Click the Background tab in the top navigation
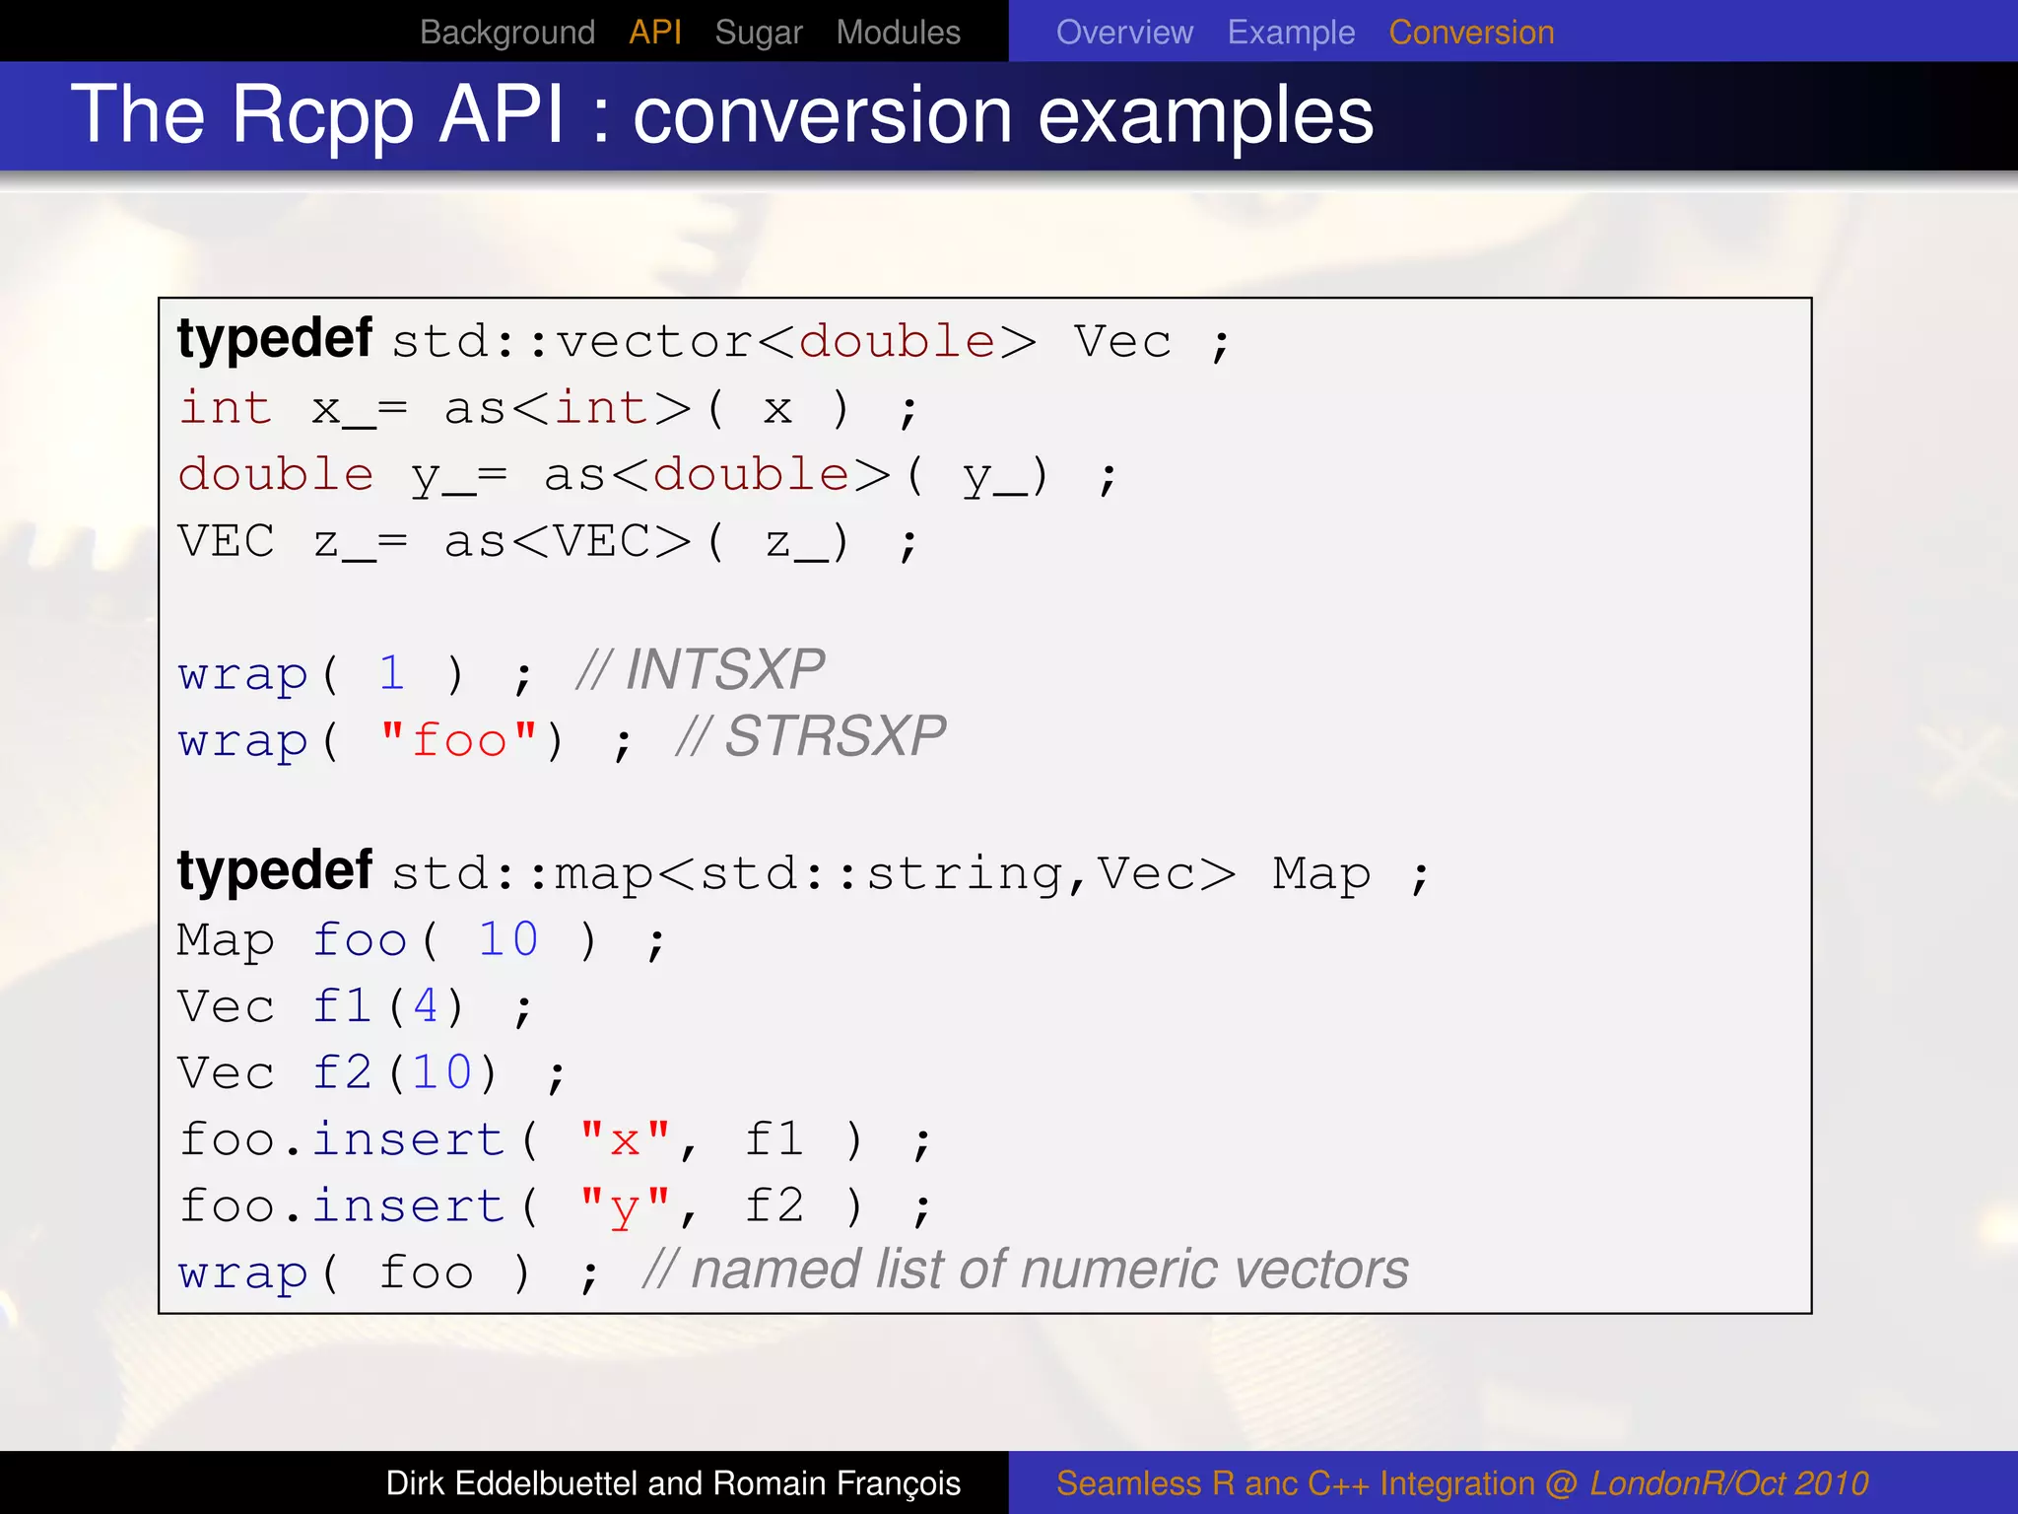[x=506, y=33]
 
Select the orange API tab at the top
[x=655, y=33]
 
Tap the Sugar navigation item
[x=758, y=33]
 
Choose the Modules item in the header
[x=898, y=33]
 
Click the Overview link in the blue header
[x=1124, y=33]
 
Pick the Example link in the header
[x=1291, y=33]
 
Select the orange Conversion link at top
[x=1471, y=33]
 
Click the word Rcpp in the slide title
[x=322, y=116]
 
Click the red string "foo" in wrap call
[x=459, y=739]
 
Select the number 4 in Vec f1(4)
[x=425, y=1006]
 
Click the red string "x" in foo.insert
[x=625, y=1140]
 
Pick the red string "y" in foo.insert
[x=625, y=1207]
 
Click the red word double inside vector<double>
[x=897, y=342]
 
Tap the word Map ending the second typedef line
[x=1320, y=874]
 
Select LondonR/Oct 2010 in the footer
[x=1728, y=1483]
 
